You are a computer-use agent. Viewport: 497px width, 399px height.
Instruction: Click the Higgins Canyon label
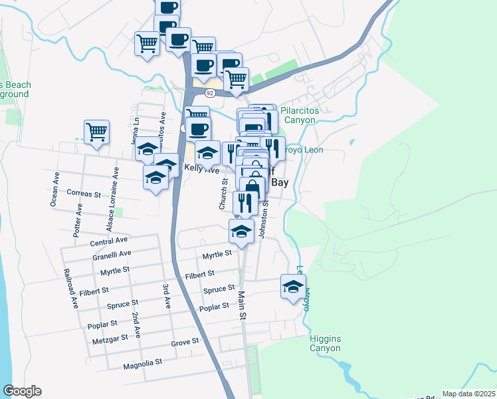325,343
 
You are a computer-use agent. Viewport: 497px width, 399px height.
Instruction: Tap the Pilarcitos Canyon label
302,116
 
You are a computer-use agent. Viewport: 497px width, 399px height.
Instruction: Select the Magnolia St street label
142,364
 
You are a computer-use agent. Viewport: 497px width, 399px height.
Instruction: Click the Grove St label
185,342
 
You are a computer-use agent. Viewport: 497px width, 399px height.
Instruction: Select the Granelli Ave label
112,254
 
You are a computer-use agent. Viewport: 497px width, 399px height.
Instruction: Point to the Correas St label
84,194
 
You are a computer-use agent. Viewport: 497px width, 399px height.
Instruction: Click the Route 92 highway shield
209,94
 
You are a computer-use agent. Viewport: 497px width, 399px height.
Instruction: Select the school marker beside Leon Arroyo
292,287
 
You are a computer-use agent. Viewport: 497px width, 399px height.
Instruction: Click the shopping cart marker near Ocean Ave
97,131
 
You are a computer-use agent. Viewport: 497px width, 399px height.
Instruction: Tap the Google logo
22,391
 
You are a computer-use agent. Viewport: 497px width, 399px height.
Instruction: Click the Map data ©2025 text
468,394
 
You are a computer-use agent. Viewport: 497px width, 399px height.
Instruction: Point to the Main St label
241,305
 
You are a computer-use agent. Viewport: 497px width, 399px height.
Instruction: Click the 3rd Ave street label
167,297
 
